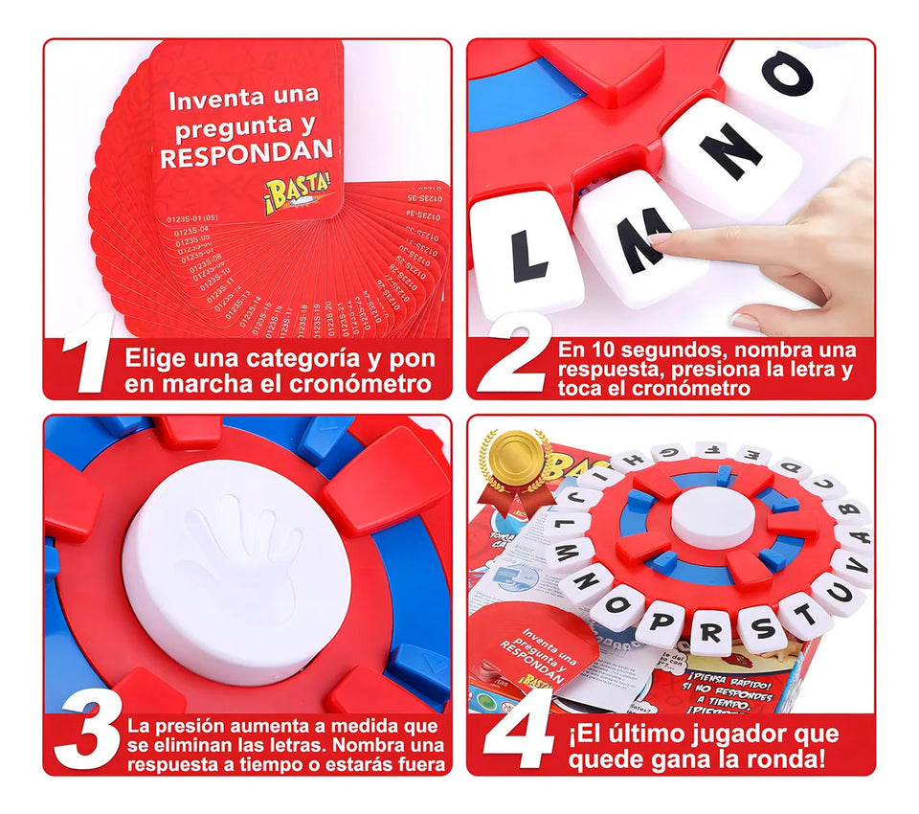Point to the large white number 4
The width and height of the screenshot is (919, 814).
[518, 734]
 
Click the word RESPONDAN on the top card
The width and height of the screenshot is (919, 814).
[247, 152]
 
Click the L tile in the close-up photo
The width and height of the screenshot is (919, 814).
[527, 257]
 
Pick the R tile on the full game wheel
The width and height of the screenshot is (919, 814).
[709, 632]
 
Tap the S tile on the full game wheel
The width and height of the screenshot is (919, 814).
[762, 627]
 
